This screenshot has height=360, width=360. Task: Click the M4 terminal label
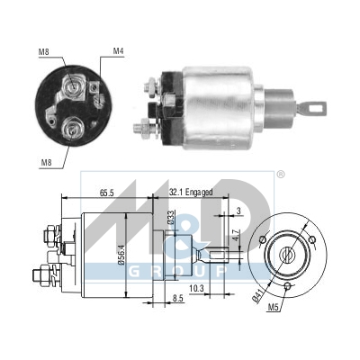point(118,51)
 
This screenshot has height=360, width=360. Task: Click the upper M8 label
point(43,52)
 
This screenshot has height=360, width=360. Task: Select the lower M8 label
point(46,163)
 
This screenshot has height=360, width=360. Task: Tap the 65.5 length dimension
point(106,193)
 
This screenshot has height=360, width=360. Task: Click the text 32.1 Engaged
point(191,192)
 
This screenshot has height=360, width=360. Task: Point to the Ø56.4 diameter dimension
point(121,255)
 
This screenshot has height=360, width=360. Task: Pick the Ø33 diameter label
point(171,218)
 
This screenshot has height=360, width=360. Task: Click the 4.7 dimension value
point(236,236)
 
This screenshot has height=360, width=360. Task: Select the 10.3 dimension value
point(197,289)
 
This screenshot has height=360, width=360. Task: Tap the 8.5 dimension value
point(177,298)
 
